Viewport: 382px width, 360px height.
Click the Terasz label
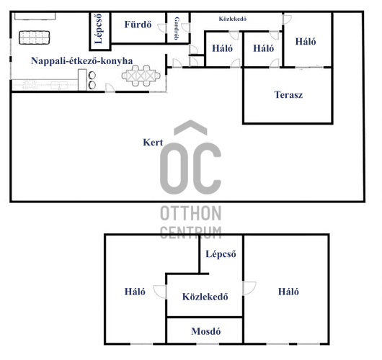pos(288,95)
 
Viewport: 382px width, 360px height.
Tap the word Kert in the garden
pos(153,142)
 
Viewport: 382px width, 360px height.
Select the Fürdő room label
pos(138,24)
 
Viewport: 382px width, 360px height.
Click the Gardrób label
pos(177,28)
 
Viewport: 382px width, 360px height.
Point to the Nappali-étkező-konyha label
pos(81,61)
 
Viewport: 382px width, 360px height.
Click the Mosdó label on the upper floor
pos(206,331)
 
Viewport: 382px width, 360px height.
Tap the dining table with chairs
pos(141,76)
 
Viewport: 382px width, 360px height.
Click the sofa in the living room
pos(35,37)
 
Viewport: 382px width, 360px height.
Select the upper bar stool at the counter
pos(92,76)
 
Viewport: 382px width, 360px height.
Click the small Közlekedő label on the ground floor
pos(232,19)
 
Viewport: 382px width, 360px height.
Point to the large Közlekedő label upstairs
pos(205,297)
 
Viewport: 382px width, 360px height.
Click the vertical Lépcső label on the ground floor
pos(99,29)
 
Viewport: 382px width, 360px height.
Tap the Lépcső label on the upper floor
pos(221,254)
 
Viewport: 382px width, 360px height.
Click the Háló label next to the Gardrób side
pos(222,48)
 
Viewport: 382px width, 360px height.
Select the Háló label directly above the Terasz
pos(306,41)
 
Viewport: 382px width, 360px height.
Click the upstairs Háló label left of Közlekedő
pos(135,292)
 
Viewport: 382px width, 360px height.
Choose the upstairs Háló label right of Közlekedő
pos(288,292)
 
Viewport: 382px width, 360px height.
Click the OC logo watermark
pos(190,157)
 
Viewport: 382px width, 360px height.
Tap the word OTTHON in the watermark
pos(191,213)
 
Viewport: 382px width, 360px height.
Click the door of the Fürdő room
pos(163,28)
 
